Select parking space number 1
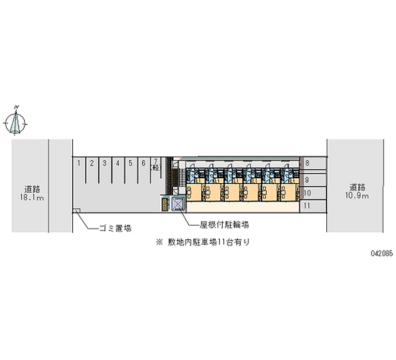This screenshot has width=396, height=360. (x=79, y=170)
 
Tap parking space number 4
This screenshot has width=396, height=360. (x=118, y=170)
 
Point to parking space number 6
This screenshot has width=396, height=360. (x=144, y=170)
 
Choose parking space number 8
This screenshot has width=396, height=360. (x=313, y=163)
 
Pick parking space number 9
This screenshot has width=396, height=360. (x=313, y=180)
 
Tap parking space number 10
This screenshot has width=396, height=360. (x=313, y=193)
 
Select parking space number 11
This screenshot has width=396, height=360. (x=313, y=206)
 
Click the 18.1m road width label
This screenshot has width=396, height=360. (x=32, y=193)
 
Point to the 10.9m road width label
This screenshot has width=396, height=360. (x=357, y=192)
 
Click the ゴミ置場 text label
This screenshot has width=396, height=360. (x=115, y=228)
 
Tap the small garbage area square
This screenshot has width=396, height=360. (x=77, y=210)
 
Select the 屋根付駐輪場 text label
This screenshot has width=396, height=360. (x=225, y=224)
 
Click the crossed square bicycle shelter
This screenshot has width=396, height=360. (x=178, y=204)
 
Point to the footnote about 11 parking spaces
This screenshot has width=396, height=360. (x=203, y=242)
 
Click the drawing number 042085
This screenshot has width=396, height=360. (x=382, y=253)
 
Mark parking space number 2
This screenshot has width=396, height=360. (x=92, y=170)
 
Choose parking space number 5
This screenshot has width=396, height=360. (x=131, y=170)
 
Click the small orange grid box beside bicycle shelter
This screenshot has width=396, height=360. (x=165, y=204)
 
